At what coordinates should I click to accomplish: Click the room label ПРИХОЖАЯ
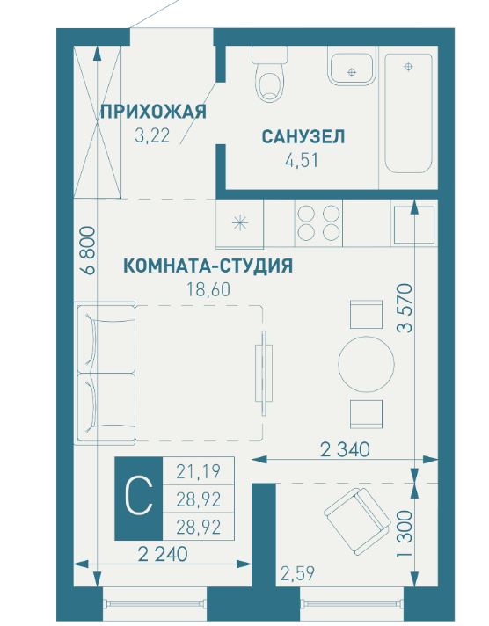click(153, 111)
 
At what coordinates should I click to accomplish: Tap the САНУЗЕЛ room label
click(303, 136)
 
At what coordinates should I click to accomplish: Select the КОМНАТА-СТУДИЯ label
click(208, 265)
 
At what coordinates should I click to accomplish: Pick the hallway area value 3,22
click(150, 135)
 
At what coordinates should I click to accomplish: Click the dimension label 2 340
click(346, 449)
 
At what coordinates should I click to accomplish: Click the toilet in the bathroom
click(269, 75)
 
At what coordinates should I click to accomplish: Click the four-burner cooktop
click(318, 222)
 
